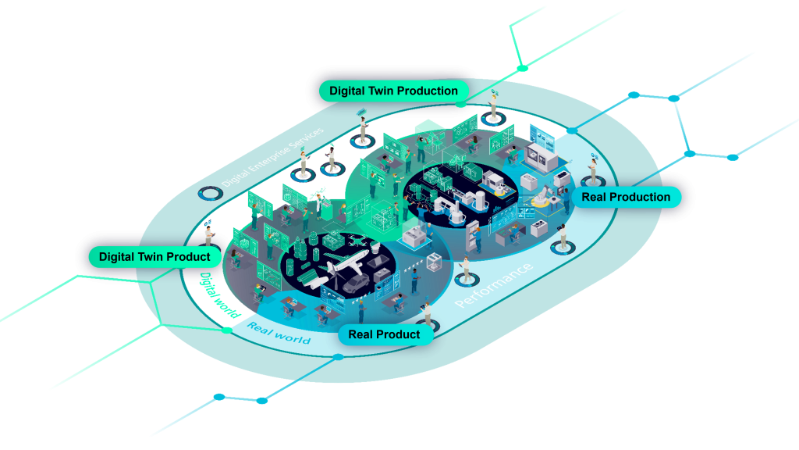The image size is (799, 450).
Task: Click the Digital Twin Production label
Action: click(x=393, y=91)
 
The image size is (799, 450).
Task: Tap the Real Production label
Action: click(x=626, y=197)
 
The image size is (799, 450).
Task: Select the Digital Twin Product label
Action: click(x=154, y=256)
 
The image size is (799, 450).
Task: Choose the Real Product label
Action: click(x=384, y=334)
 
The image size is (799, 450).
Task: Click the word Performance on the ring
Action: click(x=494, y=285)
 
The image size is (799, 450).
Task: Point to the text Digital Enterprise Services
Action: click(x=272, y=157)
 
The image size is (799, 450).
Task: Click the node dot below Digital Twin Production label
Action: click(x=461, y=103)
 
